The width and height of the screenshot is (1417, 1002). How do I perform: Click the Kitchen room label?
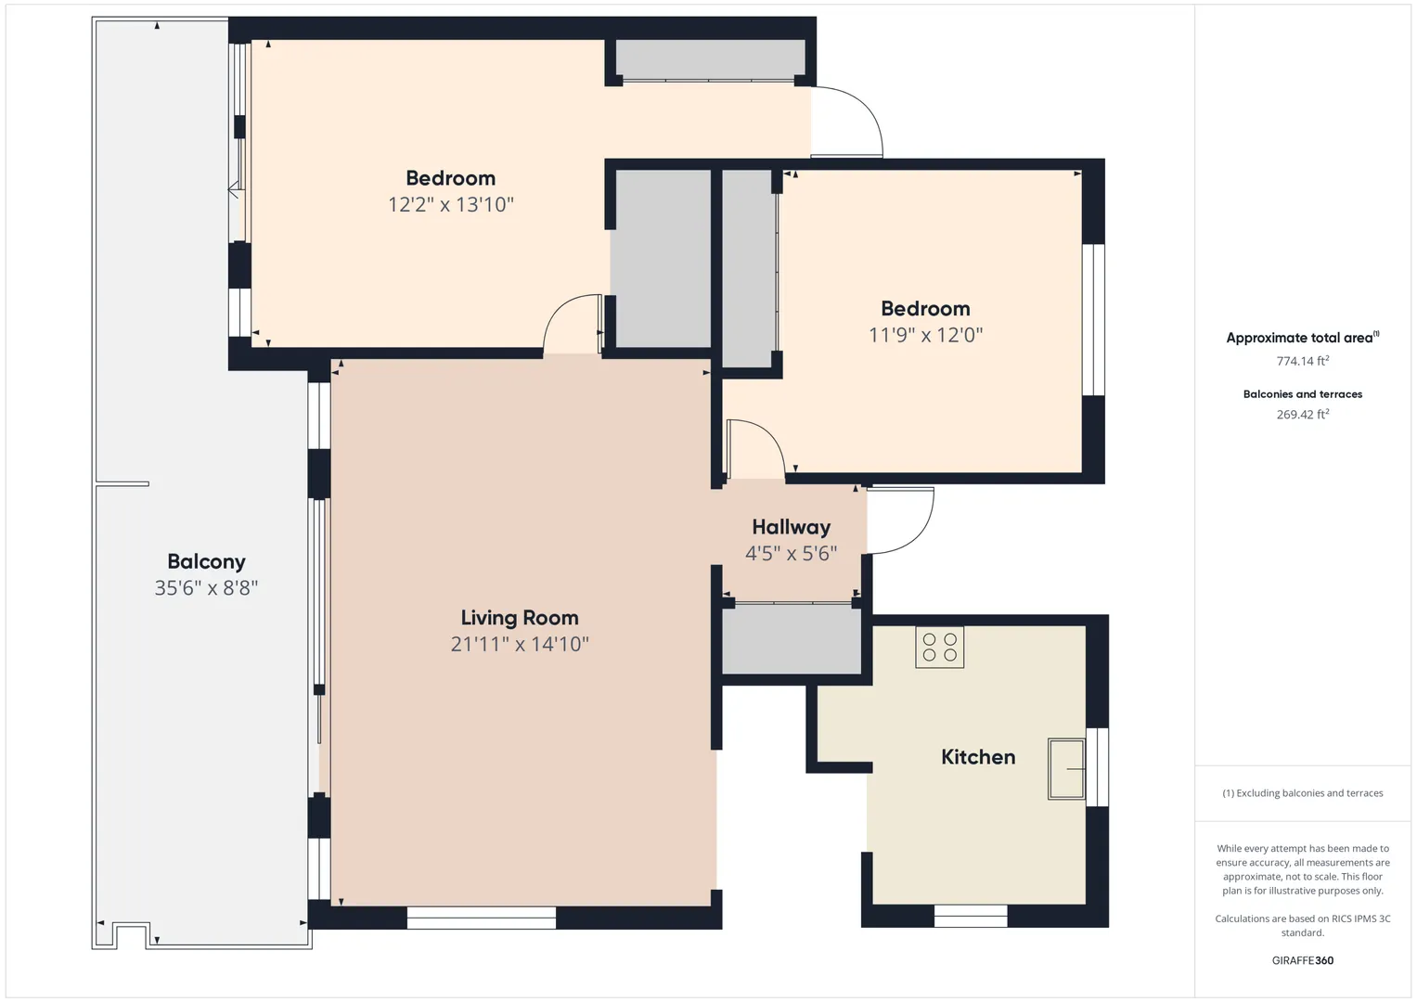point(978,756)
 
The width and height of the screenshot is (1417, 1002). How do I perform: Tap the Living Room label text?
point(520,617)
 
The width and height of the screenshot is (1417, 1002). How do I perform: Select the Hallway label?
point(791,527)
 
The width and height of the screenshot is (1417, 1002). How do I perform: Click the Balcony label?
point(206,561)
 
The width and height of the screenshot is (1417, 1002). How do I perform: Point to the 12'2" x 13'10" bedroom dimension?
point(450,204)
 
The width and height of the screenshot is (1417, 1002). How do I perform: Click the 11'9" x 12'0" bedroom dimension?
point(925,335)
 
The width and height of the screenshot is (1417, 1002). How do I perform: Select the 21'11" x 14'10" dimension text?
point(520,644)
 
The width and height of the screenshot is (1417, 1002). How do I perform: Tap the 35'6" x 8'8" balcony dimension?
point(206,587)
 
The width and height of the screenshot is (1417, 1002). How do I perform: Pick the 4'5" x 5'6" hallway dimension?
point(791,554)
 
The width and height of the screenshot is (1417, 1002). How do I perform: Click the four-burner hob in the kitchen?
point(939,648)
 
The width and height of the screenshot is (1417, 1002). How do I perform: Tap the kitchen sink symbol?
point(1066,768)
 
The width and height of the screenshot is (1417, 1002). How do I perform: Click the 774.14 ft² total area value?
point(1303,361)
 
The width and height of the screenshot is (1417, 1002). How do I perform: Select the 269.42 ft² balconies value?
point(1303,414)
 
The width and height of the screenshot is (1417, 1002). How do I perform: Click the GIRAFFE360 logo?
point(1303,960)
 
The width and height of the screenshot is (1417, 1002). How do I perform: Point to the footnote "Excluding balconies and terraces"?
point(1309,793)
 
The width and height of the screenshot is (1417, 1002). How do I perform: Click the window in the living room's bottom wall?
point(482,918)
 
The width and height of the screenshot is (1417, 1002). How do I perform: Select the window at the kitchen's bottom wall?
point(971,916)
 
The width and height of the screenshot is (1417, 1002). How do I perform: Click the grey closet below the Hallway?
point(792,639)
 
